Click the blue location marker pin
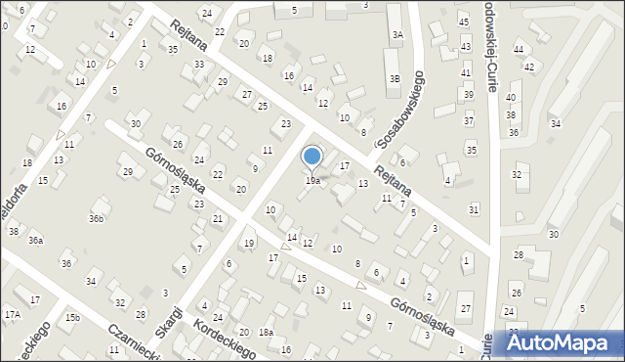(x=312, y=157)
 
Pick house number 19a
(x=312, y=181)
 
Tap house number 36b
(x=96, y=218)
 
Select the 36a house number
(x=35, y=240)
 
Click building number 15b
(x=72, y=318)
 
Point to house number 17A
(x=12, y=314)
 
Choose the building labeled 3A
(x=397, y=34)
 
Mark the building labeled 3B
(x=395, y=78)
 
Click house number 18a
(x=266, y=333)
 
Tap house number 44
(x=520, y=49)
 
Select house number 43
(x=466, y=47)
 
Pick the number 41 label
(x=466, y=72)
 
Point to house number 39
(x=469, y=94)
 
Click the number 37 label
(x=469, y=120)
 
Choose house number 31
(x=475, y=209)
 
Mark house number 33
(x=199, y=65)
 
